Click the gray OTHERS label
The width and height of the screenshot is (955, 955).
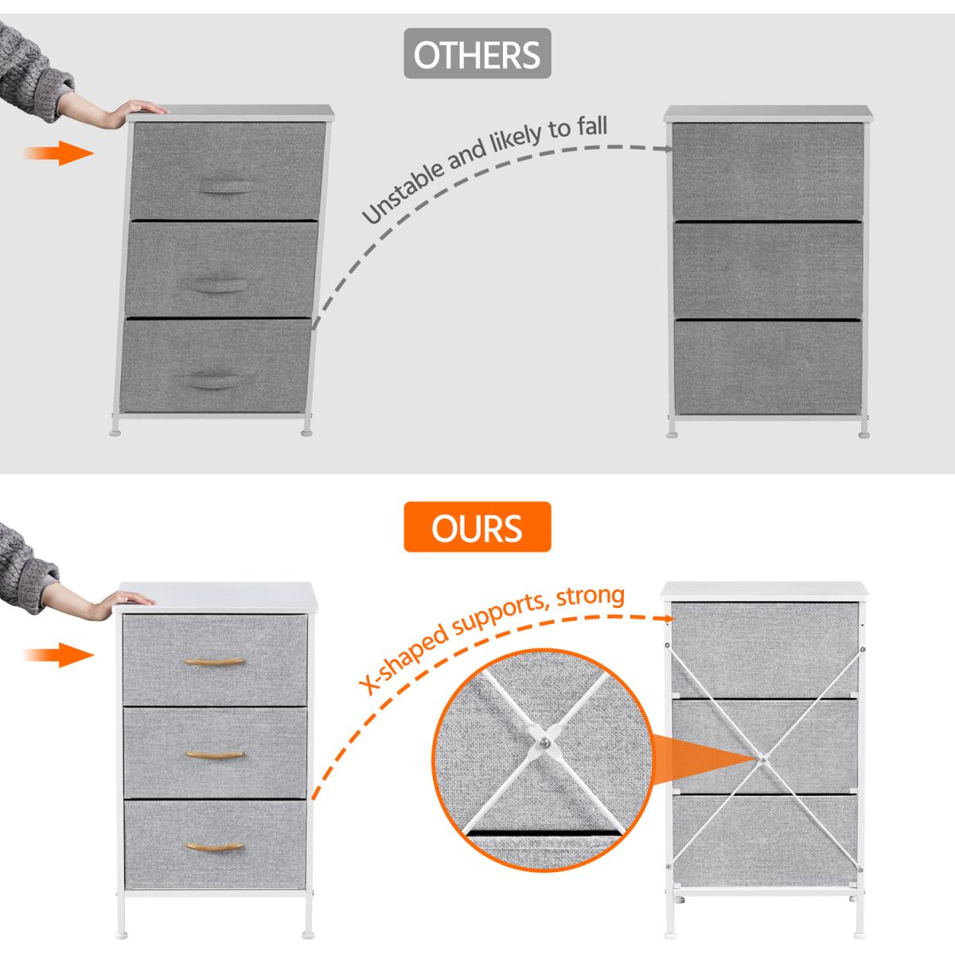click(477, 53)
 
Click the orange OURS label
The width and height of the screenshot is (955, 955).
click(477, 527)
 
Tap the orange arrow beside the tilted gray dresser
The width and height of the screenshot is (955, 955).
click(58, 153)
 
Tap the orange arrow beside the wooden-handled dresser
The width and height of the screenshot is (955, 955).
click(58, 655)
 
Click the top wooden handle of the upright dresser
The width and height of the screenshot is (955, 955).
click(215, 661)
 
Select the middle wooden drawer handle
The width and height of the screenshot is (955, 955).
click(215, 754)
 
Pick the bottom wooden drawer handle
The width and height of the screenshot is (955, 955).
click(215, 847)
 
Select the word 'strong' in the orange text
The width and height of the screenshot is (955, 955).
click(591, 596)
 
